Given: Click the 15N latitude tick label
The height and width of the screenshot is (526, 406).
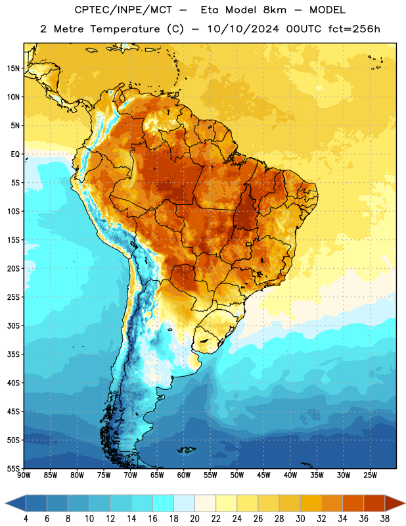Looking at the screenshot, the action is pos(13,68).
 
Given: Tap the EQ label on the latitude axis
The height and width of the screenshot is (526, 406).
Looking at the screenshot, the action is pos(15,155).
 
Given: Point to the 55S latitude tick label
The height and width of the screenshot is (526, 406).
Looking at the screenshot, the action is pos(13,468).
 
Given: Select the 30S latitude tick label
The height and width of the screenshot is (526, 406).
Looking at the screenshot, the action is pos(13,325).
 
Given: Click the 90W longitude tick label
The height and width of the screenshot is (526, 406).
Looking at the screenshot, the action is pos(24,475).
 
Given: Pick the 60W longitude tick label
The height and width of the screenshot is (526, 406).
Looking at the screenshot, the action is pos(184,475).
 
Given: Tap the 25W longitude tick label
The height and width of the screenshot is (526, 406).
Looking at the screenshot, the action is pos(370,475).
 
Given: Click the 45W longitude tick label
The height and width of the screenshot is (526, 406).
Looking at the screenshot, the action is pos(263,475).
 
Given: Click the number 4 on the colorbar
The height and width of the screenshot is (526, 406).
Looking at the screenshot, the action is pos(26,519).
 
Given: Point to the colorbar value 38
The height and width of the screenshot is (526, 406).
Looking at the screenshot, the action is pos(385,519).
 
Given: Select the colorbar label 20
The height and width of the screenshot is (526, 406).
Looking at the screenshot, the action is pos(194,519).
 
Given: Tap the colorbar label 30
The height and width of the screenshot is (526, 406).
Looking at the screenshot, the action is pos(300,519).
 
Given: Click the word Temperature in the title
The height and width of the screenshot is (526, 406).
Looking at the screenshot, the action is pos(125,29).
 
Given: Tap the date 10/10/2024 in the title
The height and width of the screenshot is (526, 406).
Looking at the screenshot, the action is pos(243,29).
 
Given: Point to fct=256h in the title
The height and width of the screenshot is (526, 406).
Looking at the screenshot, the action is pos(354,29).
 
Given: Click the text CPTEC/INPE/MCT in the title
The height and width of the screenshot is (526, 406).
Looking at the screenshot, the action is pos(123,10).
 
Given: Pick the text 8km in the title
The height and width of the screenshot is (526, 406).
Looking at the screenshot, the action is pos(275,10).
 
